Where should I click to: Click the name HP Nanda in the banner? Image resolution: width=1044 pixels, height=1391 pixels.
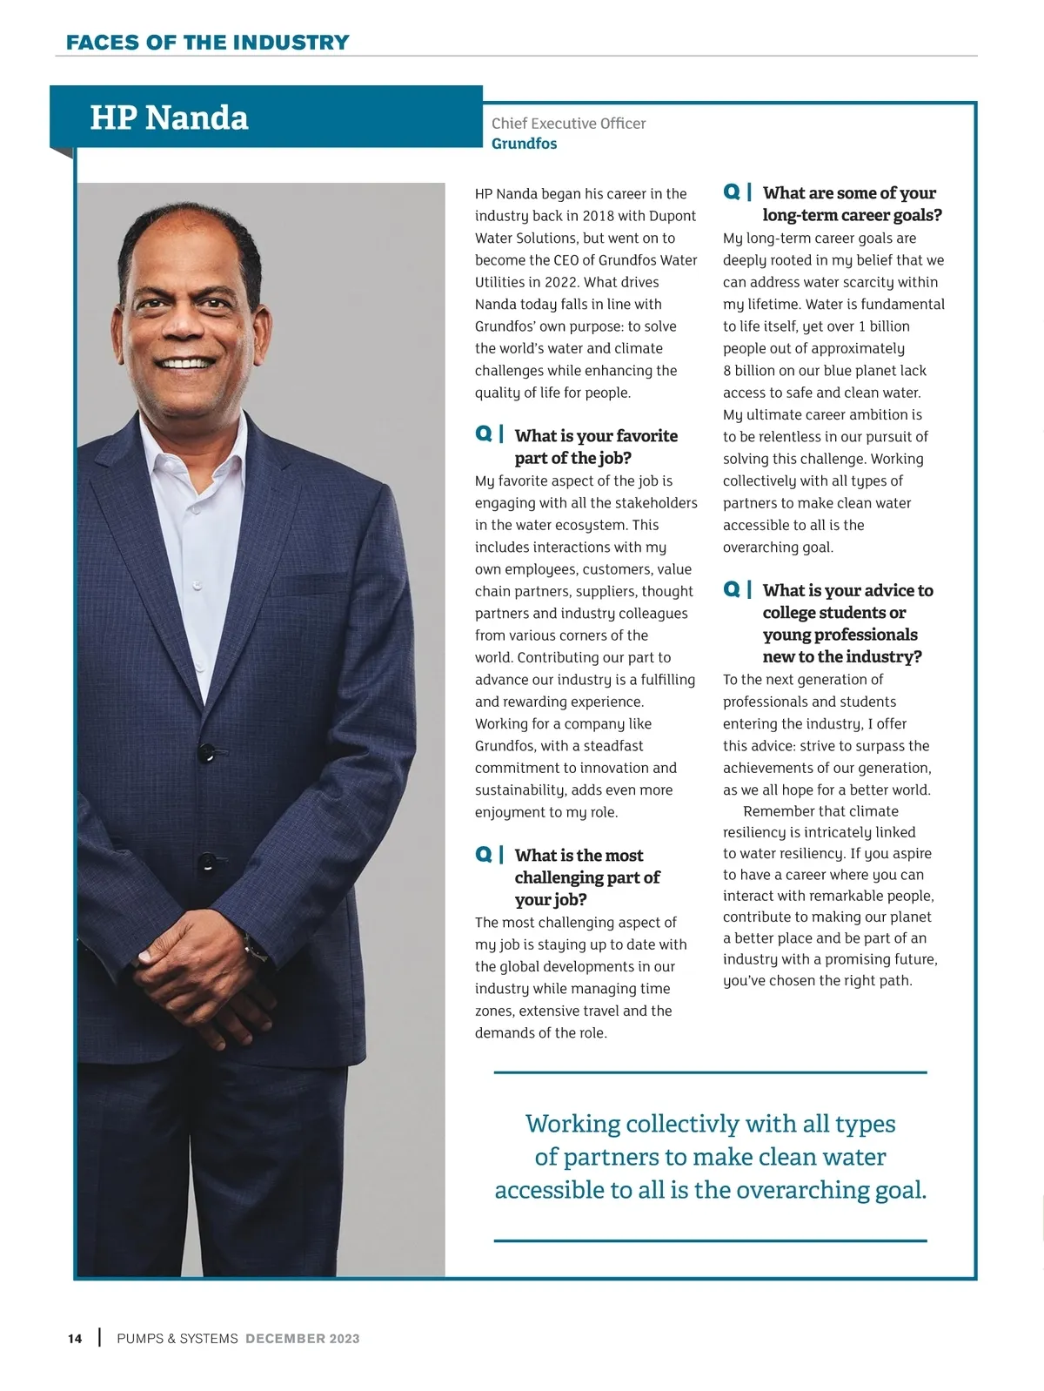coord(169,118)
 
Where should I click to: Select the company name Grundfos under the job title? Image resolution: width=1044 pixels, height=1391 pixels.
coord(524,144)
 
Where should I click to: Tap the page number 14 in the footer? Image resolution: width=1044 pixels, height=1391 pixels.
coord(75,1339)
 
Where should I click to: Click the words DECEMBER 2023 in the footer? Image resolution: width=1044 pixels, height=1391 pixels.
coord(302,1339)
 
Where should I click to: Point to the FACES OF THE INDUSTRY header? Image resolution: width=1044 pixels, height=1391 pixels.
coord(207,42)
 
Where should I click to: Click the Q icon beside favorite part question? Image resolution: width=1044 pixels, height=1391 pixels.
coord(484,433)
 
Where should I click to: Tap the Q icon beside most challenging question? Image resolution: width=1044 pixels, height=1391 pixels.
coord(484,854)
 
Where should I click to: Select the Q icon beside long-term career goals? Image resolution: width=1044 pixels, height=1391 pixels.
coord(732,192)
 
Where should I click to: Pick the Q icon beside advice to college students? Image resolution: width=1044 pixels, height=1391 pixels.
coord(732,589)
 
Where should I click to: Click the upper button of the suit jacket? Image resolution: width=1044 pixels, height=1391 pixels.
coord(206,750)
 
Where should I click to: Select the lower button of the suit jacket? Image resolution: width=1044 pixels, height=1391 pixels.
coord(207,861)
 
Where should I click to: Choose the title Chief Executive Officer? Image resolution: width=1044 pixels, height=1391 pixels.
coord(568,124)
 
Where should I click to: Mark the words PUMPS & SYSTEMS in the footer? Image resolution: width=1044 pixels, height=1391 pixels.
coord(177,1339)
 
